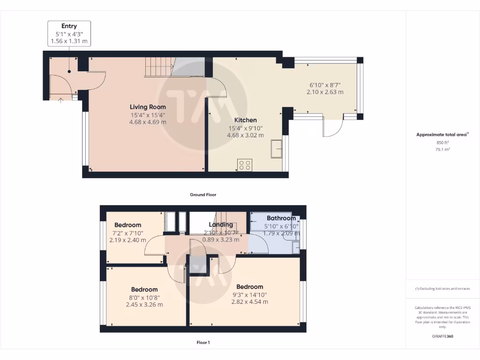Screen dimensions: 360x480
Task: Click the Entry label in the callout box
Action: pyautogui.click(x=69, y=26)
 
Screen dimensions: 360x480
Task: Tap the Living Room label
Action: pyautogui.click(x=148, y=107)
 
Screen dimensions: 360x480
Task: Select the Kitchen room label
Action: pyautogui.click(x=245, y=120)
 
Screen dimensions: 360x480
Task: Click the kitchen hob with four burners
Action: pyautogui.click(x=245, y=165)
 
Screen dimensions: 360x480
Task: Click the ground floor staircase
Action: pyautogui.click(x=159, y=67)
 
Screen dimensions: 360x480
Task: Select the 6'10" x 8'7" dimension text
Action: pyautogui.click(x=325, y=85)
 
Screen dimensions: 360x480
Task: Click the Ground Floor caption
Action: pyautogui.click(x=202, y=195)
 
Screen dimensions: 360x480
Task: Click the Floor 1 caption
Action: pyautogui.click(x=202, y=343)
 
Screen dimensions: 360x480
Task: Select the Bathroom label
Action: pyautogui.click(x=281, y=218)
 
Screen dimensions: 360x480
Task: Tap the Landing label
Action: pyautogui.click(x=221, y=225)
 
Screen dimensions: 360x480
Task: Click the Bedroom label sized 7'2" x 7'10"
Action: pyautogui.click(x=127, y=225)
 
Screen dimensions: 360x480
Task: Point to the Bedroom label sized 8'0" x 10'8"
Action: pyautogui.click(x=144, y=289)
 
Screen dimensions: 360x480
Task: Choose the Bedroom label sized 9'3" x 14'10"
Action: pyautogui.click(x=249, y=286)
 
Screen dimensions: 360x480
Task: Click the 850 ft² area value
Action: pyautogui.click(x=442, y=142)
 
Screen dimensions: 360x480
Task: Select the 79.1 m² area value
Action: pyautogui.click(x=442, y=150)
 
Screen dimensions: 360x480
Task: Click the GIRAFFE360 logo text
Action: pyautogui.click(x=442, y=336)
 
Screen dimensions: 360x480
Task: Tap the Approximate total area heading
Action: pyautogui.click(x=442, y=135)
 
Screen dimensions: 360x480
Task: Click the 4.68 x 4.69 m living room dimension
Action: pyautogui.click(x=148, y=122)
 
